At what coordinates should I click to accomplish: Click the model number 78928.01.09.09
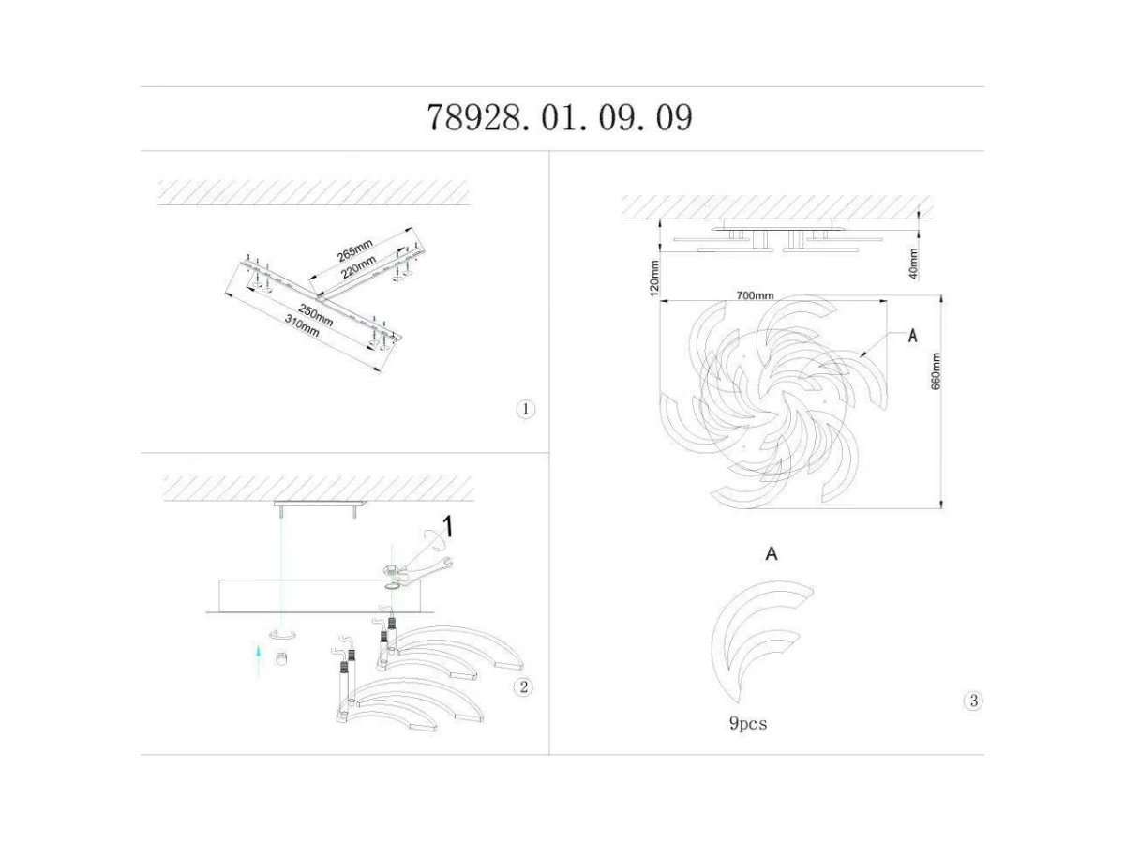560,117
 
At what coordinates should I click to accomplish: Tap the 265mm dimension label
354,251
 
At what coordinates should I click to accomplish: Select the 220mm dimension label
359,267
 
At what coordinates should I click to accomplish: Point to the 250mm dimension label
316,316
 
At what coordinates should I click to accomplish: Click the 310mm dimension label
303,325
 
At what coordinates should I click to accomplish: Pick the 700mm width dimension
755,295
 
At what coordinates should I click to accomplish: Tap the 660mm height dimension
936,371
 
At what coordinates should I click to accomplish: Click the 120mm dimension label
654,278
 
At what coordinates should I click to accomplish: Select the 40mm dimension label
913,264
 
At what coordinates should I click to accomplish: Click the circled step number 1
525,410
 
